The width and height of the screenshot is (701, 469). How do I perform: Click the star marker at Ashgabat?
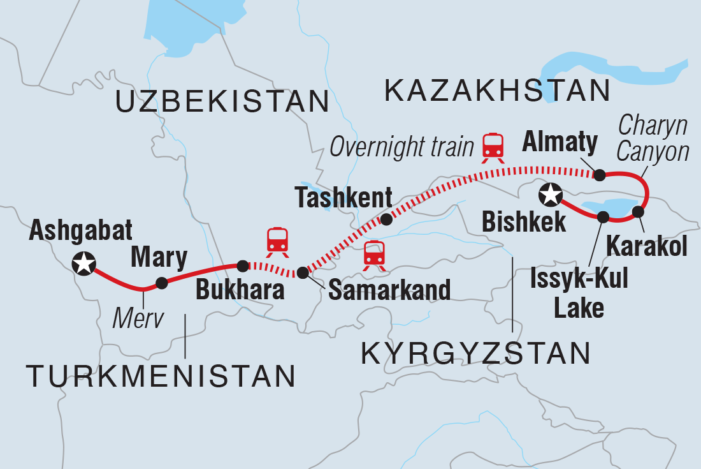[x=83, y=262]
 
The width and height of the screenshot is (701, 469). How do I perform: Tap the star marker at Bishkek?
[x=551, y=195]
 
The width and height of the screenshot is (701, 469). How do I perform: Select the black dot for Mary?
[x=162, y=282]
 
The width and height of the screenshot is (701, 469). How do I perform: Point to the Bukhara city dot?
[x=242, y=265]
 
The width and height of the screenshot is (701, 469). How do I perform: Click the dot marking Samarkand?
[x=303, y=272]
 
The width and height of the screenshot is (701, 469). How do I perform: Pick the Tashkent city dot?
[x=386, y=220]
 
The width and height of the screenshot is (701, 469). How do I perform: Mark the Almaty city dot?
[x=599, y=174]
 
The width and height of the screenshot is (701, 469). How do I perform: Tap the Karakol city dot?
[x=638, y=212]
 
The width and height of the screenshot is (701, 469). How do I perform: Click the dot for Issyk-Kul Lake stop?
[x=602, y=218]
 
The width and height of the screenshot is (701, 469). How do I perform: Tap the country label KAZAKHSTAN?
[x=498, y=92]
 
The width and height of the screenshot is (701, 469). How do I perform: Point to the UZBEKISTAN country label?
[x=222, y=101]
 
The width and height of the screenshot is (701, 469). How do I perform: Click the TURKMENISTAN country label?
[x=161, y=376]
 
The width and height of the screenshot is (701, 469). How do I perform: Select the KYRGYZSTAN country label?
[x=475, y=353]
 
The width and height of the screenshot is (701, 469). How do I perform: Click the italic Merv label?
[x=138, y=316]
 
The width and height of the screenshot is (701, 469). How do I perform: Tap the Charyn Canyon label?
[x=653, y=139]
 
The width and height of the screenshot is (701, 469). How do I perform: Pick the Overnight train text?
[x=401, y=147]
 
